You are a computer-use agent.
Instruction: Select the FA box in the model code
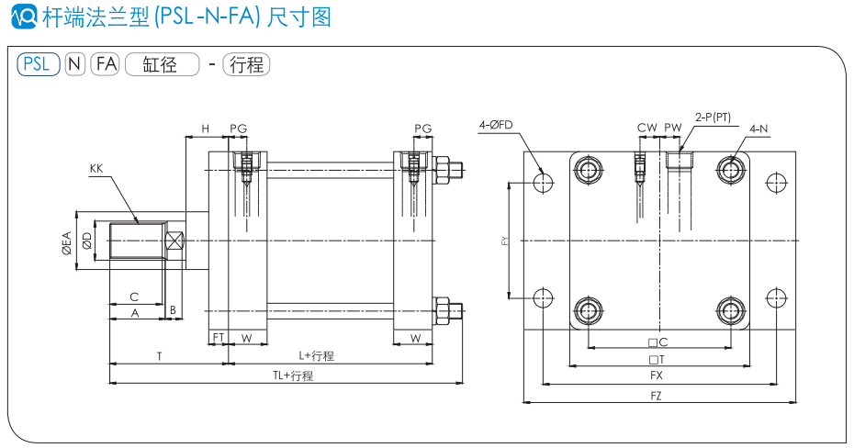coord(107,64)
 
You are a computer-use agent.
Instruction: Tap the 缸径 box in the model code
coord(162,64)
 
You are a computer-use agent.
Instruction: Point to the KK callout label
coord(96,168)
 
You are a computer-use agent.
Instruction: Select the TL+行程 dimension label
coord(293,375)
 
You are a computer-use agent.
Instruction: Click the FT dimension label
coord(219,338)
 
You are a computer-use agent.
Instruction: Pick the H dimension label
coord(206,129)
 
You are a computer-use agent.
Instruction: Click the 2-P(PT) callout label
coord(714,117)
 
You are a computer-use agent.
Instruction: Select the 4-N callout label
coord(758,129)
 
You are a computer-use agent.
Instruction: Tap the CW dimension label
coord(647,129)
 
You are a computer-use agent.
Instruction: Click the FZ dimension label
coord(656,396)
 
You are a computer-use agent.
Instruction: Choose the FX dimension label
coord(656,375)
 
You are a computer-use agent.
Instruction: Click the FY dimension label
coord(505,241)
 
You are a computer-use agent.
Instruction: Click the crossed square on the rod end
coord(174,241)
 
